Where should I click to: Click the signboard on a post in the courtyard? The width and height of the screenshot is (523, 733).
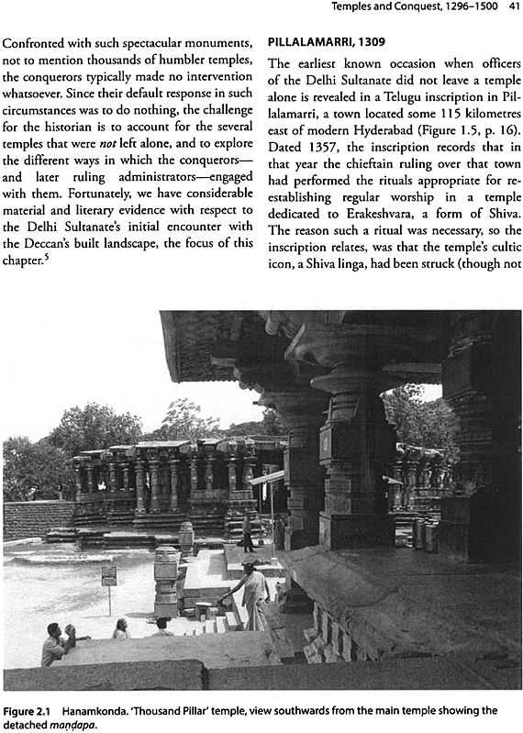tap(109, 576)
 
